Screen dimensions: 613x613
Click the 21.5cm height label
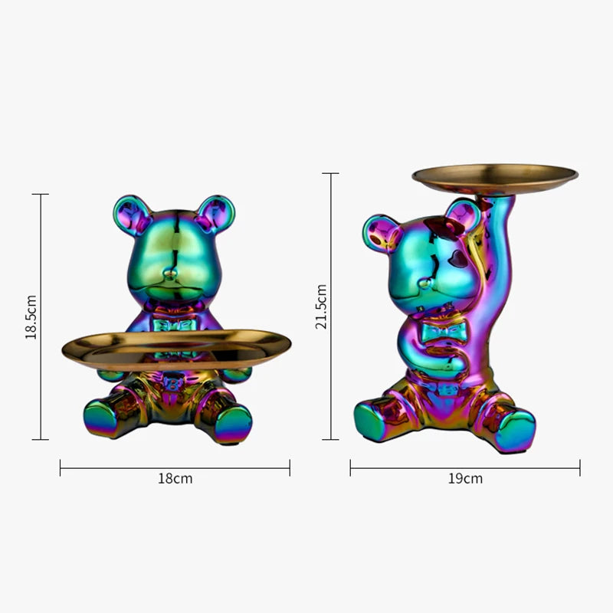(x=322, y=306)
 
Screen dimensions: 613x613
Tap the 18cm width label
(x=175, y=479)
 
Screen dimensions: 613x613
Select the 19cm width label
(x=465, y=479)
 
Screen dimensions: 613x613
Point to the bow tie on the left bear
(x=175, y=325)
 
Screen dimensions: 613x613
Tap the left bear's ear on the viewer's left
(x=130, y=212)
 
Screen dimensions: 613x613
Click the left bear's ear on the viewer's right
(x=215, y=212)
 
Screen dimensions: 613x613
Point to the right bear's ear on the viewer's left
(x=381, y=232)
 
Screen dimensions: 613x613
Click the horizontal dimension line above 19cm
(x=465, y=467)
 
